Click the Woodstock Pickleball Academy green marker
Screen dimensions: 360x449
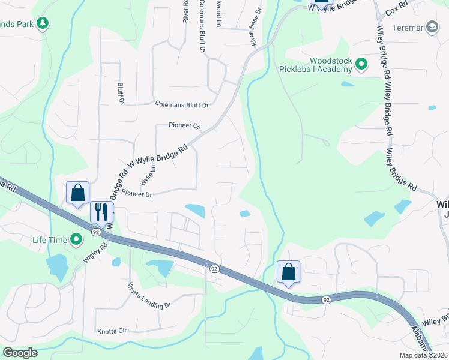361,64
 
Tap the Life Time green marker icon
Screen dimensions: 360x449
76,240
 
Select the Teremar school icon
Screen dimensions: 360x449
432,28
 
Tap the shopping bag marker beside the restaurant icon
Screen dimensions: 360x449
77,193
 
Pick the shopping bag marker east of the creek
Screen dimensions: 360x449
289,272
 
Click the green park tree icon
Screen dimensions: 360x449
43,23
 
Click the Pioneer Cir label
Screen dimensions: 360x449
185,126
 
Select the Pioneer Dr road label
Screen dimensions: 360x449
137,193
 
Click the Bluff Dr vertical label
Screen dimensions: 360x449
121,93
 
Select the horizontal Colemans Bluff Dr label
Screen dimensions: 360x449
181,105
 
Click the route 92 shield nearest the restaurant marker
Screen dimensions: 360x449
96,231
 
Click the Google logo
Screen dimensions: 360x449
20,353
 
